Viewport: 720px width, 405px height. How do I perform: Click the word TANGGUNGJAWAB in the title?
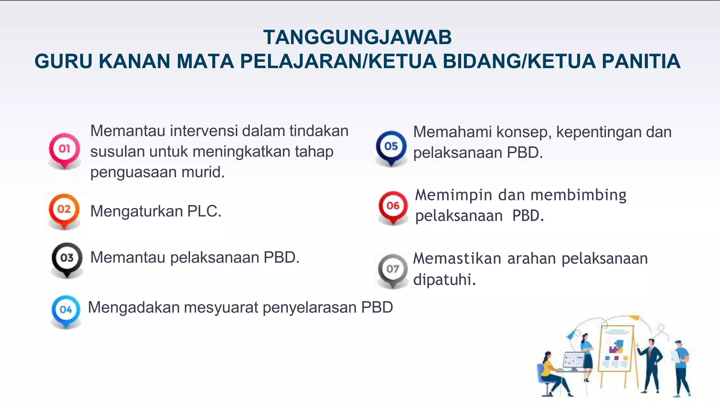357,37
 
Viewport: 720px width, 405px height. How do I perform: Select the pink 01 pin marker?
64,149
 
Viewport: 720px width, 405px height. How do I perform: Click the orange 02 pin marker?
64,210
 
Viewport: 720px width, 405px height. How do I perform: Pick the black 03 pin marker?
67,258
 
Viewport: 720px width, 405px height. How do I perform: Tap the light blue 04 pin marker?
66,310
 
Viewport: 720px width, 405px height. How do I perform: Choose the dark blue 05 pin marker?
391,146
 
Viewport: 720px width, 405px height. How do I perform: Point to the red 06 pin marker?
393,206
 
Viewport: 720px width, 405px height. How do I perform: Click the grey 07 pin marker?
393,269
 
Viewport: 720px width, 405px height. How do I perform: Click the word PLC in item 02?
204,212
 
